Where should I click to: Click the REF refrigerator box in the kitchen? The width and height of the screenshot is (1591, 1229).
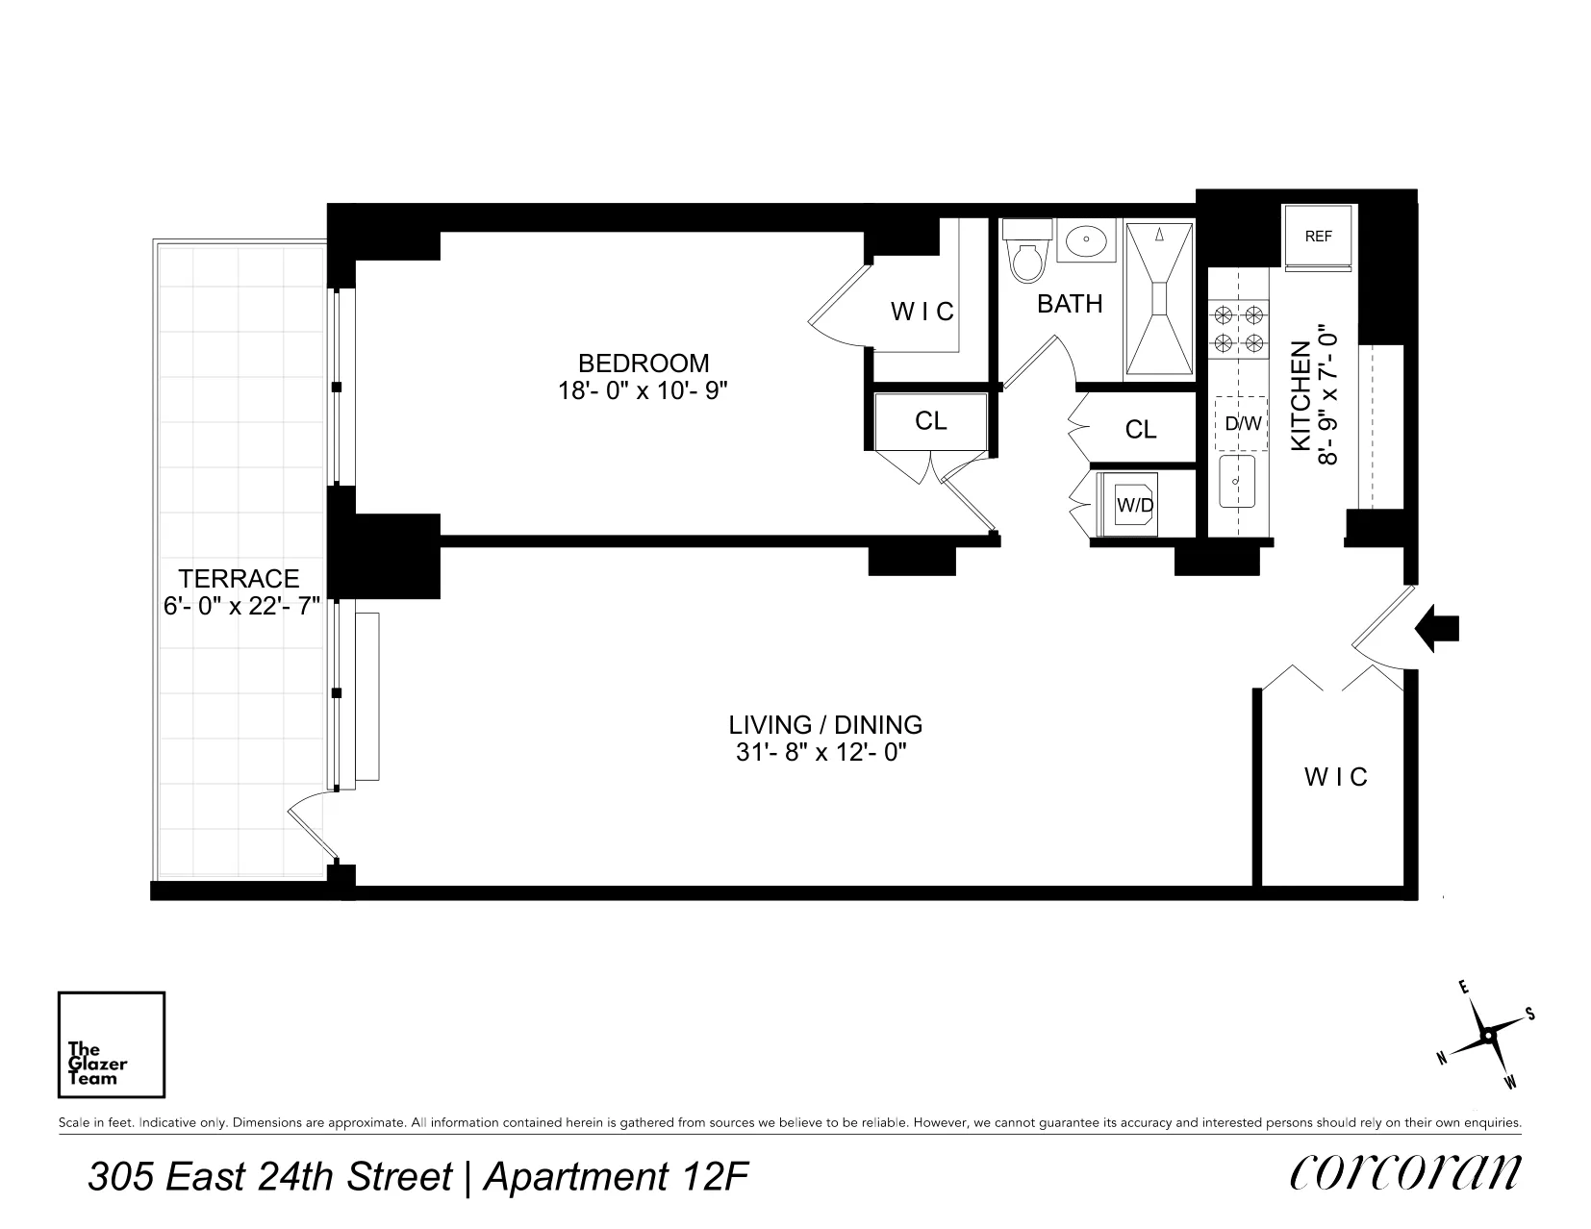coord(1318,237)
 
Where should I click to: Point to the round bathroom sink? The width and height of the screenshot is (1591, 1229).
coord(1088,239)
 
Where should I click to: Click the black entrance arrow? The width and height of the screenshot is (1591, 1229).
coord(1439,628)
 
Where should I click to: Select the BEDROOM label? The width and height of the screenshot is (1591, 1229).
coord(644,364)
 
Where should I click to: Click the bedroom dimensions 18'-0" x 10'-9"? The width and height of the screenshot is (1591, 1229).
coord(644,391)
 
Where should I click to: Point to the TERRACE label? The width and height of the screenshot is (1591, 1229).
coord(239,579)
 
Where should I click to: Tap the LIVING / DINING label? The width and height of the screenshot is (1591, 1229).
coord(825,724)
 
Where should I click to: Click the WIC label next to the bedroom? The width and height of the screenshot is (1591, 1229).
coord(922,312)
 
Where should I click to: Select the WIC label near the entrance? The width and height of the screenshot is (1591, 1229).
coord(1335,776)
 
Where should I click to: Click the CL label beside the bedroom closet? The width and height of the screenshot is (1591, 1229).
coord(930,421)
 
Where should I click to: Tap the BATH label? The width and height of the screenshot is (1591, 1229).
coord(1070,304)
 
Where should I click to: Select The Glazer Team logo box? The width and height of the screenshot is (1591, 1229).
coord(112,1045)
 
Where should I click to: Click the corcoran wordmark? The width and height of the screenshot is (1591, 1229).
coord(1405,1171)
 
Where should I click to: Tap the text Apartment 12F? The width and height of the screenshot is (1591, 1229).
coord(616,1177)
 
